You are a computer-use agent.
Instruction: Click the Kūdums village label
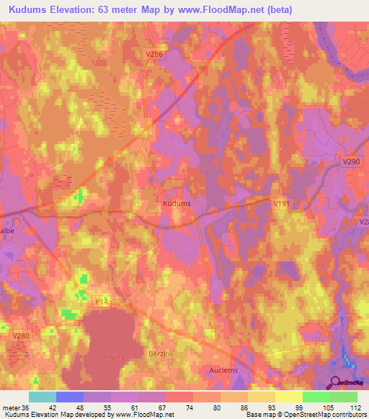tap(177, 204)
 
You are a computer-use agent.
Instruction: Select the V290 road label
tap(351, 162)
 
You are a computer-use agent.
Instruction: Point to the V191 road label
tap(282, 204)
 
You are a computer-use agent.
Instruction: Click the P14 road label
tap(101, 304)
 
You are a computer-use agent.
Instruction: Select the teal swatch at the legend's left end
tap(43, 396)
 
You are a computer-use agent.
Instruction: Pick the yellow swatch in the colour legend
tap(289, 396)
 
